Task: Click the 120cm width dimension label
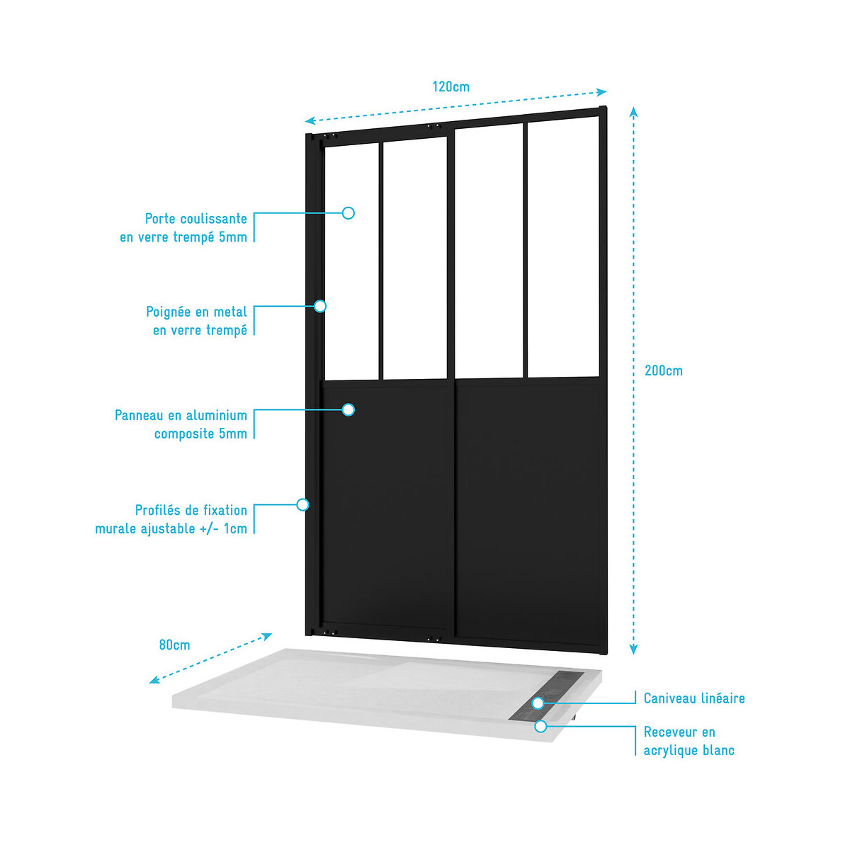[450, 87]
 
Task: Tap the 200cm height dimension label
[663, 370]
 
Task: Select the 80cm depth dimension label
[174, 645]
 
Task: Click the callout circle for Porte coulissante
[348, 212]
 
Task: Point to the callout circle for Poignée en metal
[320, 306]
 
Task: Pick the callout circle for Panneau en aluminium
[348, 409]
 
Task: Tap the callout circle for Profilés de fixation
[302, 504]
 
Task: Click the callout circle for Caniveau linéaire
[538, 703]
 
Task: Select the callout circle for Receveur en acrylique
[540, 726]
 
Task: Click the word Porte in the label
[160, 219]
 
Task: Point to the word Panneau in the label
[139, 416]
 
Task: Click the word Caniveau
[669, 698]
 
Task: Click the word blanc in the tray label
[718, 751]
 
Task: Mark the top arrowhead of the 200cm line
[634, 110]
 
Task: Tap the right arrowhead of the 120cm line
[603, 91]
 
